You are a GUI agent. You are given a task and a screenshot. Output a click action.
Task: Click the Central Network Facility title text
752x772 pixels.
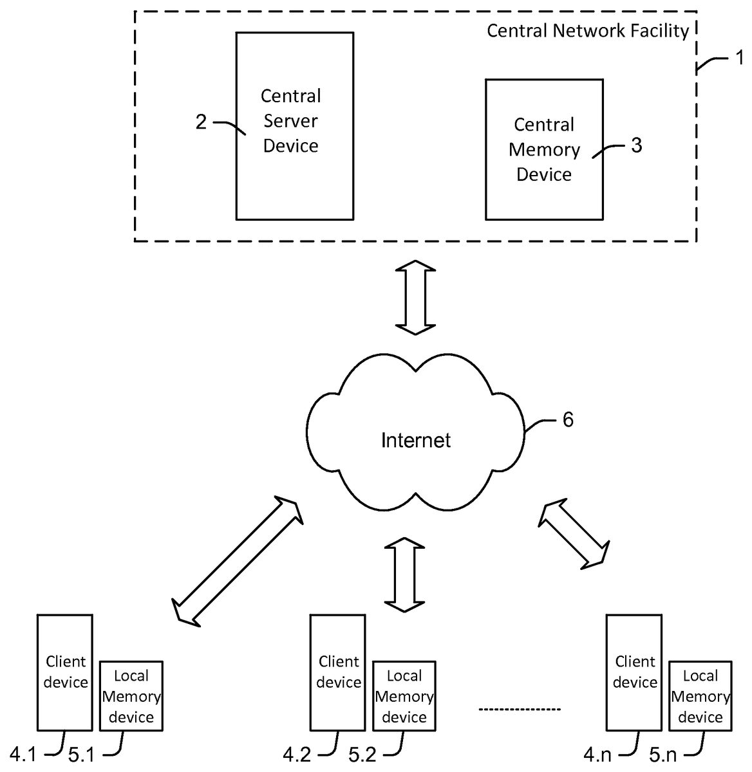[587, 31]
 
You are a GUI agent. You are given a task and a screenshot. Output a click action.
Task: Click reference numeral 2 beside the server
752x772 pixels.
[202, 122]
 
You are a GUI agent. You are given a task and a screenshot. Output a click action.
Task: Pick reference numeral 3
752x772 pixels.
[636, 145]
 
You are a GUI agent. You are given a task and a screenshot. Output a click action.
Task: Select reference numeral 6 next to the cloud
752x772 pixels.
[568, 419]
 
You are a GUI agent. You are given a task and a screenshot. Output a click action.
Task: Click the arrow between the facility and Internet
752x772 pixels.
[415, 297]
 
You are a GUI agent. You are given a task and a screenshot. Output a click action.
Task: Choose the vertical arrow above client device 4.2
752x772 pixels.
[404, 574]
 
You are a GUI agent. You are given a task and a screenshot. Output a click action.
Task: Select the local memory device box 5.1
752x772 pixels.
[131, 696]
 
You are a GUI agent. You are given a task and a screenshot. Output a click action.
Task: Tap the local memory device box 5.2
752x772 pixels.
[404, 696]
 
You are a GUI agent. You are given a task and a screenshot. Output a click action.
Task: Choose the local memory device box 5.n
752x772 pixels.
[700, 696]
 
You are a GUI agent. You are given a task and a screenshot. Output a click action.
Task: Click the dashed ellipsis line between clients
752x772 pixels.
[520, 710]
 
